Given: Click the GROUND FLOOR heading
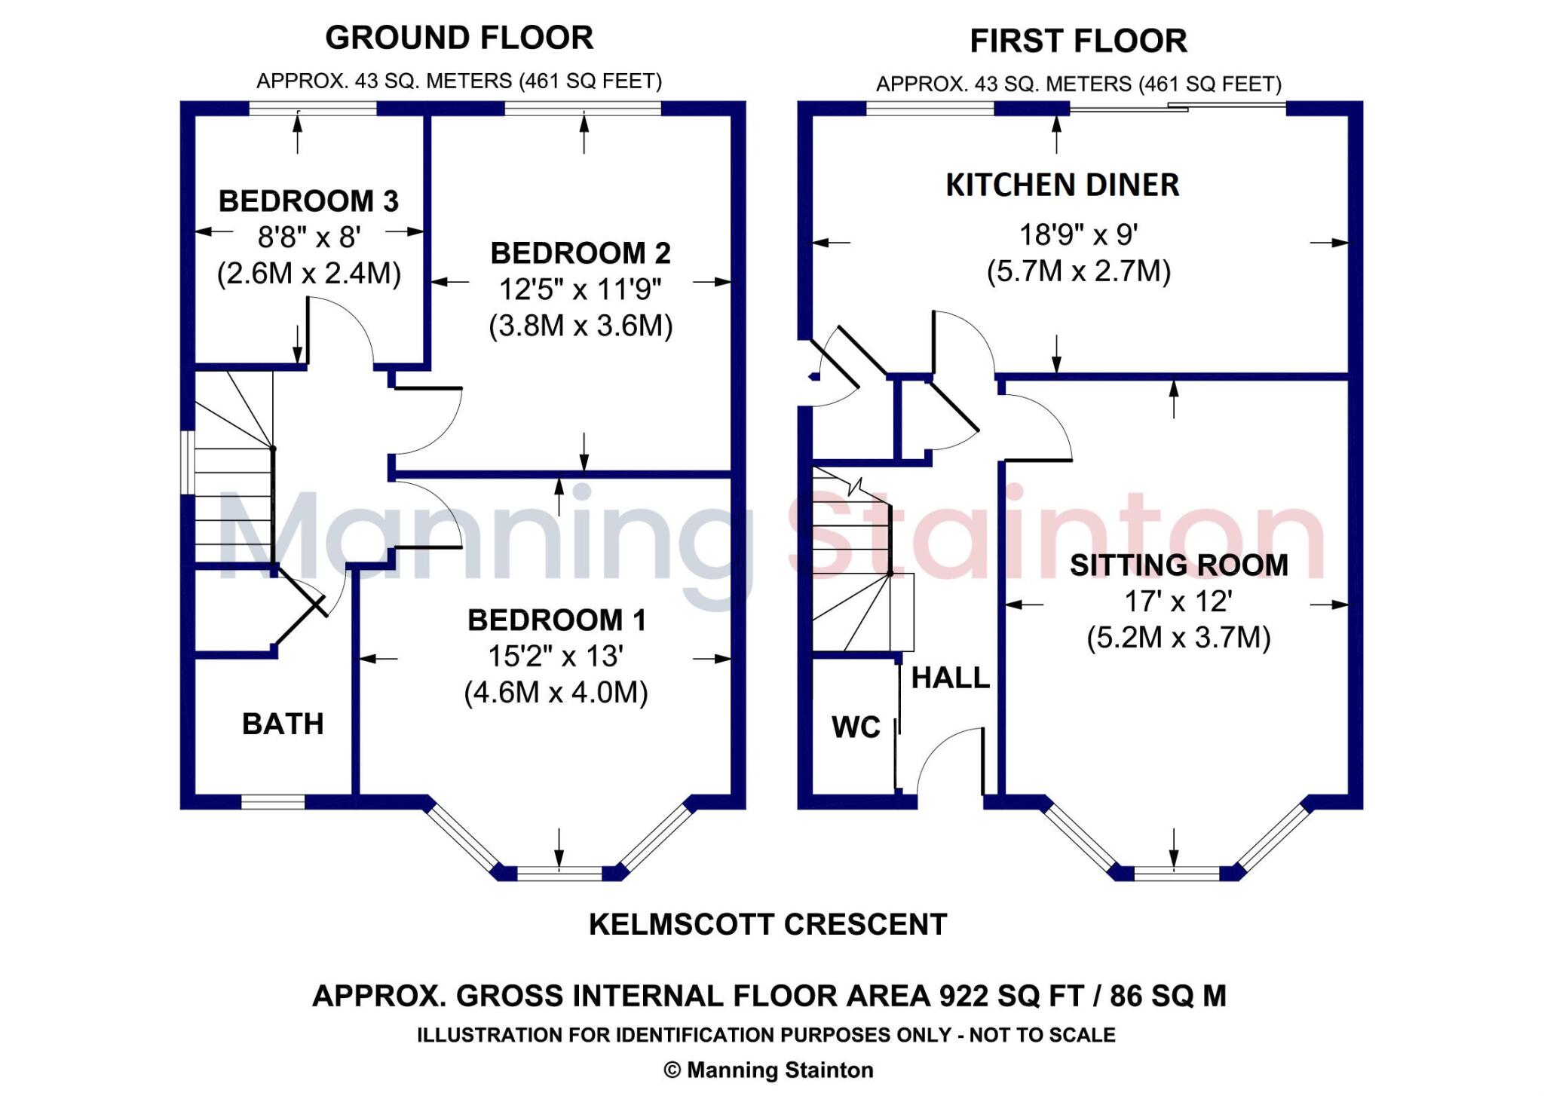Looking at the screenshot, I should coord(459,38).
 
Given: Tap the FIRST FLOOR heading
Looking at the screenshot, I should coord(1078,41).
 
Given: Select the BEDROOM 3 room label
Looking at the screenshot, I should coord(308,201).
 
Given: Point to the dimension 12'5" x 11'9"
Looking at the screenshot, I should coord(580,289).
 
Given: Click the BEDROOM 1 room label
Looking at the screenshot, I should coord(556,620).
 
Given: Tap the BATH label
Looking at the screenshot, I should coord(283,724).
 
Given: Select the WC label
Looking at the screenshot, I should coord(856,727).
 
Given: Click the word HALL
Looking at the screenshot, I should coord(950,678).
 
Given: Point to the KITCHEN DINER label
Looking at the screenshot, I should coord(1062,185).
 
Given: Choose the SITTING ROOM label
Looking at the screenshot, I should coord(1178,565).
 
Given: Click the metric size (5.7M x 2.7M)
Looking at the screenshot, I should coord(1078,271).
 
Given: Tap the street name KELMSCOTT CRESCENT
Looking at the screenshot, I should coord(767,925).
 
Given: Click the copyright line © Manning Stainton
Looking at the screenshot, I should coord(768,1070).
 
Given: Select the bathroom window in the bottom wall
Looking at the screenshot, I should coord(273,802).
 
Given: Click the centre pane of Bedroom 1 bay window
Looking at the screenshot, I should coord(559,874).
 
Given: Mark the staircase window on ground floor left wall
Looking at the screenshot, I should coord(188,462).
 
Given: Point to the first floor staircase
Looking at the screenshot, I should coord(852,562).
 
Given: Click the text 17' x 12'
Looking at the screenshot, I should coord(1178,602).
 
